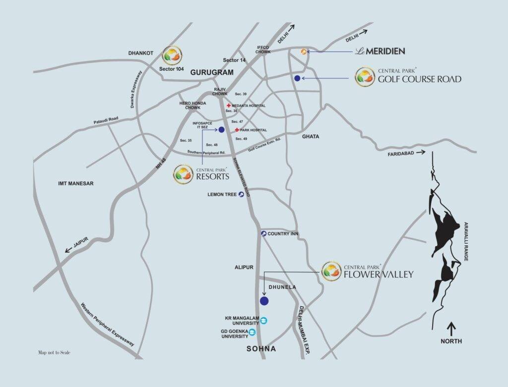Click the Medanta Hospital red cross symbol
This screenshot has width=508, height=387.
[228, 106]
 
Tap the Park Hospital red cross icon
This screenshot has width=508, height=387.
[237, 130]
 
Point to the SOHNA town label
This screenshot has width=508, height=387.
[261, 349]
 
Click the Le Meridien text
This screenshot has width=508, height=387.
[381, 51]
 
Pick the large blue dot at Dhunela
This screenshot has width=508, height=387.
[264, 301]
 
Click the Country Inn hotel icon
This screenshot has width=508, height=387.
[263, 233]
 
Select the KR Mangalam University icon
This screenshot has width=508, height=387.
[263, 320]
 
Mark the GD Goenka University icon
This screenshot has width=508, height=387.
[253, 332]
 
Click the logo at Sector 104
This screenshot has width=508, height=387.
[172, 55]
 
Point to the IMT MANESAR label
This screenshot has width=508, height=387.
[75, 183]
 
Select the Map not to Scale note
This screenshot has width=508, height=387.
[54, 353]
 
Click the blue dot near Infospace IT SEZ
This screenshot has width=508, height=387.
[221, 130]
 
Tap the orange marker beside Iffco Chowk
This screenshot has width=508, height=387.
[303, 51]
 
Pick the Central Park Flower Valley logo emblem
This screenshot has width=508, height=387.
[331, 271]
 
